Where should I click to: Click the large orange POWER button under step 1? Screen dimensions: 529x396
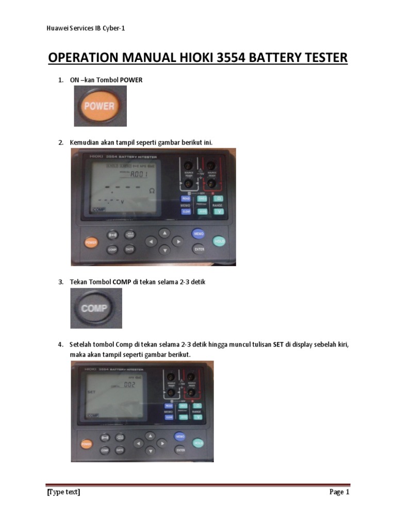[x=100, y=106]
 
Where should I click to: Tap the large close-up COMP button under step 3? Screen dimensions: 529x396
[x=96, y=308]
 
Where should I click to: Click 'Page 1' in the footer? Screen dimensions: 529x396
[x=339, y=492]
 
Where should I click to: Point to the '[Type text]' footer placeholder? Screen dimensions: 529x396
[x=63, y=492]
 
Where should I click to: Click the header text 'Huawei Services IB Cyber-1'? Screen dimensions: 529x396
[x=86, y=28]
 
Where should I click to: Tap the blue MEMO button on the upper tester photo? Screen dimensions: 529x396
[x=199, y=234]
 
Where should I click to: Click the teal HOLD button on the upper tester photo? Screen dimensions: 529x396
[x=220, y=241]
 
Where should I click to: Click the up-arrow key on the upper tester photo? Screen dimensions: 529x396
[x=164, y=233]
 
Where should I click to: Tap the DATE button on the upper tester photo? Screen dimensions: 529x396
[x=129, y=249]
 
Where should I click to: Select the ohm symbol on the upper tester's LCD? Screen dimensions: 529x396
[x=152, y=191]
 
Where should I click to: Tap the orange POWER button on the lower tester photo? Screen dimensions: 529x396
[x=87, y=444]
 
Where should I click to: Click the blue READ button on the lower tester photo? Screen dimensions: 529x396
[x=169, y=406]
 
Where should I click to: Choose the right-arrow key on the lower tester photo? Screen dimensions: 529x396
[x=162, y=443]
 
